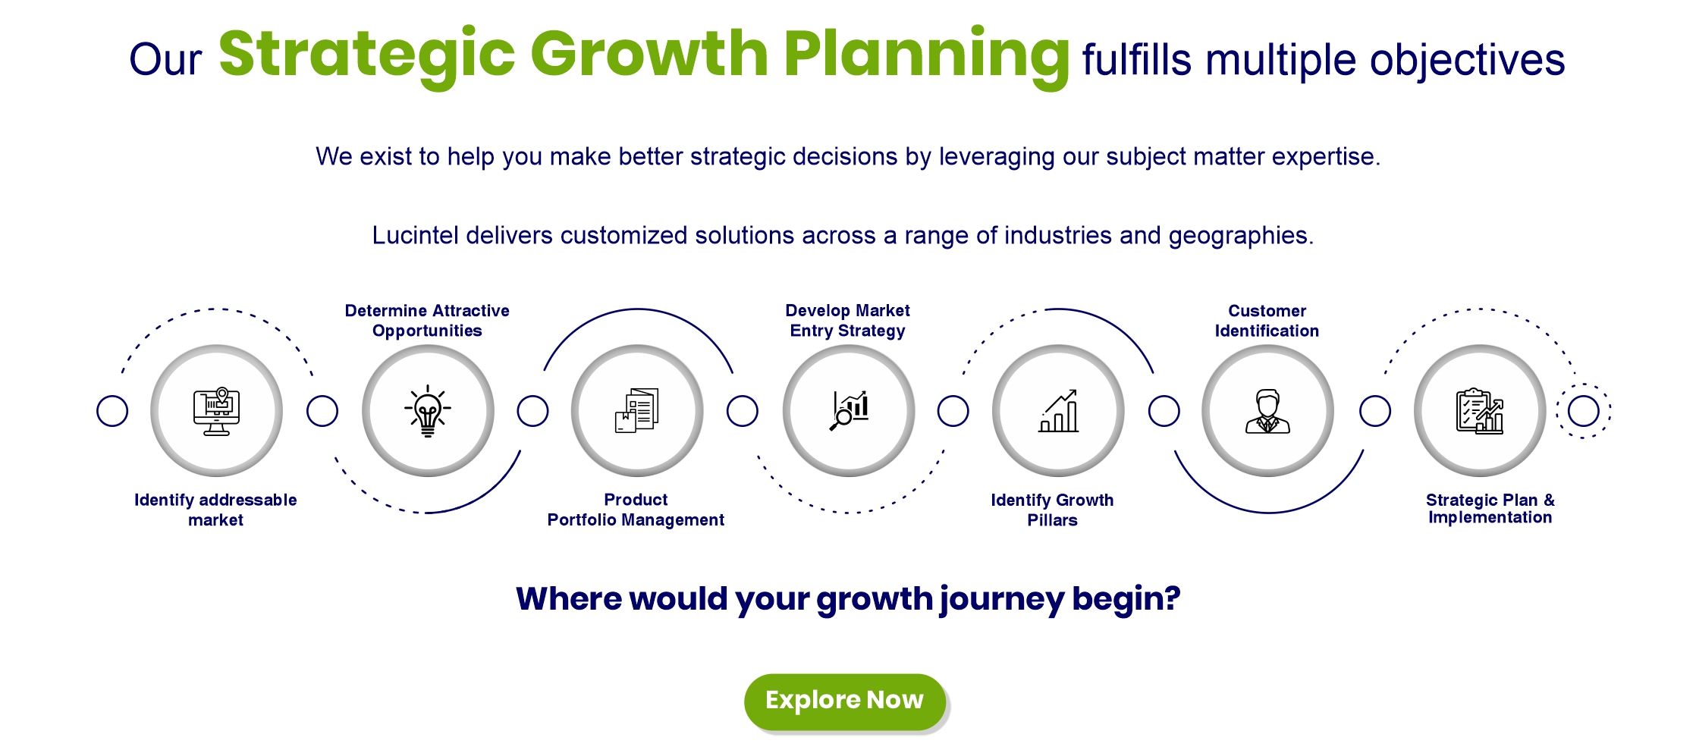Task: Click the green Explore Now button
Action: [845, 701]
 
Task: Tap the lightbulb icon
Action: [428, 411]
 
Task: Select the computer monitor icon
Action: [217, 411]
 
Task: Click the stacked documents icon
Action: [636, 410]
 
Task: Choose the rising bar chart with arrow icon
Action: [1058, 411]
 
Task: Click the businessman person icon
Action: [1267, 411]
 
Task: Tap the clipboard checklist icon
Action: [1480, 411]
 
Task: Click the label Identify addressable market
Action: [215, 510]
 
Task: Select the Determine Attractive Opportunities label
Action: [427, 321]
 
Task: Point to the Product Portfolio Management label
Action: [636, 510]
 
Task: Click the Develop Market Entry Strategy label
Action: [848, 321]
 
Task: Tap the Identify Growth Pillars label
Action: [1052, 510]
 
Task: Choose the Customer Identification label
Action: [1267, 321]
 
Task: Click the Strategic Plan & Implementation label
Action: [1490, 509]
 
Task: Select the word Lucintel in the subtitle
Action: [415, 235]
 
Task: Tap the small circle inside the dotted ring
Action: [1584, 411]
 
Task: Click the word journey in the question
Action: [1002, 600]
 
